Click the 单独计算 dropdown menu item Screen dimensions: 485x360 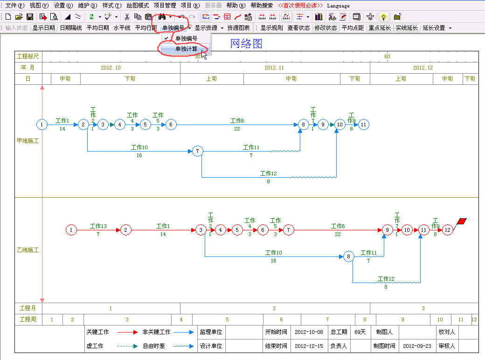186,49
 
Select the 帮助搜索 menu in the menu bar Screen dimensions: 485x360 262,6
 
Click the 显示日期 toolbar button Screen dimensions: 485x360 44,28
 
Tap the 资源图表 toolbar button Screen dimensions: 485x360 238,28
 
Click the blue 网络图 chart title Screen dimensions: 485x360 246,44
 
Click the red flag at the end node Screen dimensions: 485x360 462,221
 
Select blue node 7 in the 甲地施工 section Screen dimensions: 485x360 197,151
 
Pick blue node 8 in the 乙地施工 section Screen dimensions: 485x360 349,256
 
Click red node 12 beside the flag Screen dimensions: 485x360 448,230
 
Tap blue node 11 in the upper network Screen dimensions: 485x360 363,125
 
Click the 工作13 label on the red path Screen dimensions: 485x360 98,226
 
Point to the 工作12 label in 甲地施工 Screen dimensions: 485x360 268,173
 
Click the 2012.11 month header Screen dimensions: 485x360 274,68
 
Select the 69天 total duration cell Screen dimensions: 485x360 360,332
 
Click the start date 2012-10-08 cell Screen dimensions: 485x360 309,332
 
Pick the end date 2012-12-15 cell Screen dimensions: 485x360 309,346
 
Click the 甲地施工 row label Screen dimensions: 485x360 28,141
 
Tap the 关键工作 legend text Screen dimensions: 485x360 97,332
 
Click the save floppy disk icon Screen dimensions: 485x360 30,17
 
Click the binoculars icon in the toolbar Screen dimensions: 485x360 162,17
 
